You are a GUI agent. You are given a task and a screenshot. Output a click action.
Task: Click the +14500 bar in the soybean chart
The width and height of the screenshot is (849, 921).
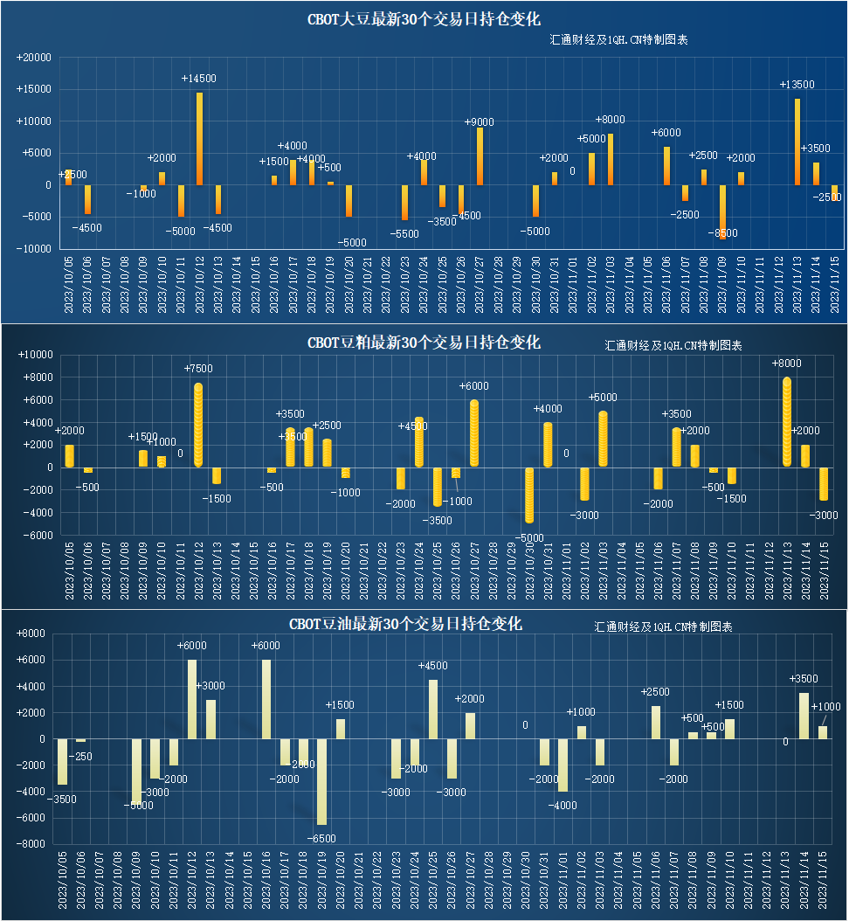pos(199,138)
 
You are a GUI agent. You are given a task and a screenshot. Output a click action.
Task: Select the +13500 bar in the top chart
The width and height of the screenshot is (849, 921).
pos(797,142)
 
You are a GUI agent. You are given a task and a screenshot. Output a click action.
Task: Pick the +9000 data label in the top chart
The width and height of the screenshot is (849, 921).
pos(479,122)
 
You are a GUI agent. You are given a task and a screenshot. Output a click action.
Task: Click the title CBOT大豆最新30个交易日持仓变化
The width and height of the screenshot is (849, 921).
pos(424,19)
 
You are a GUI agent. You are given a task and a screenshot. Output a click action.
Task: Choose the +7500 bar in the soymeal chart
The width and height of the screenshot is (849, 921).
pos(198,425)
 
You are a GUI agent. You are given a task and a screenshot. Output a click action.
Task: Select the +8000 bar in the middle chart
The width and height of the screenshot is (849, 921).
pos(787,422)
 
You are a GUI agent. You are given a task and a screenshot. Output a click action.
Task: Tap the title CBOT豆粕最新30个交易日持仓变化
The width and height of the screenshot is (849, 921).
pos(424,343)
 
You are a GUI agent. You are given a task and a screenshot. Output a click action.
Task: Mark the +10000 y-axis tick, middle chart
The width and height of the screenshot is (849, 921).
pos(36,355)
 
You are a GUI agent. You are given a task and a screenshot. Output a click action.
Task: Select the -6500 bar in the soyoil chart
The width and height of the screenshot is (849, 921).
pos(321,782)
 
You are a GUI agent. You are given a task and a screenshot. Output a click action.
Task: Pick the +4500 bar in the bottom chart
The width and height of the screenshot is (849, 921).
pos(433,710)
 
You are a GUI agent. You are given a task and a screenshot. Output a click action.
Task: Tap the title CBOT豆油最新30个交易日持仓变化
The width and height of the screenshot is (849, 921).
pos(406,624)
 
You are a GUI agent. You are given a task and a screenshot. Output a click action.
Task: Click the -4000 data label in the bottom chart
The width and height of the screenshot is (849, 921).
pos(563,806)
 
